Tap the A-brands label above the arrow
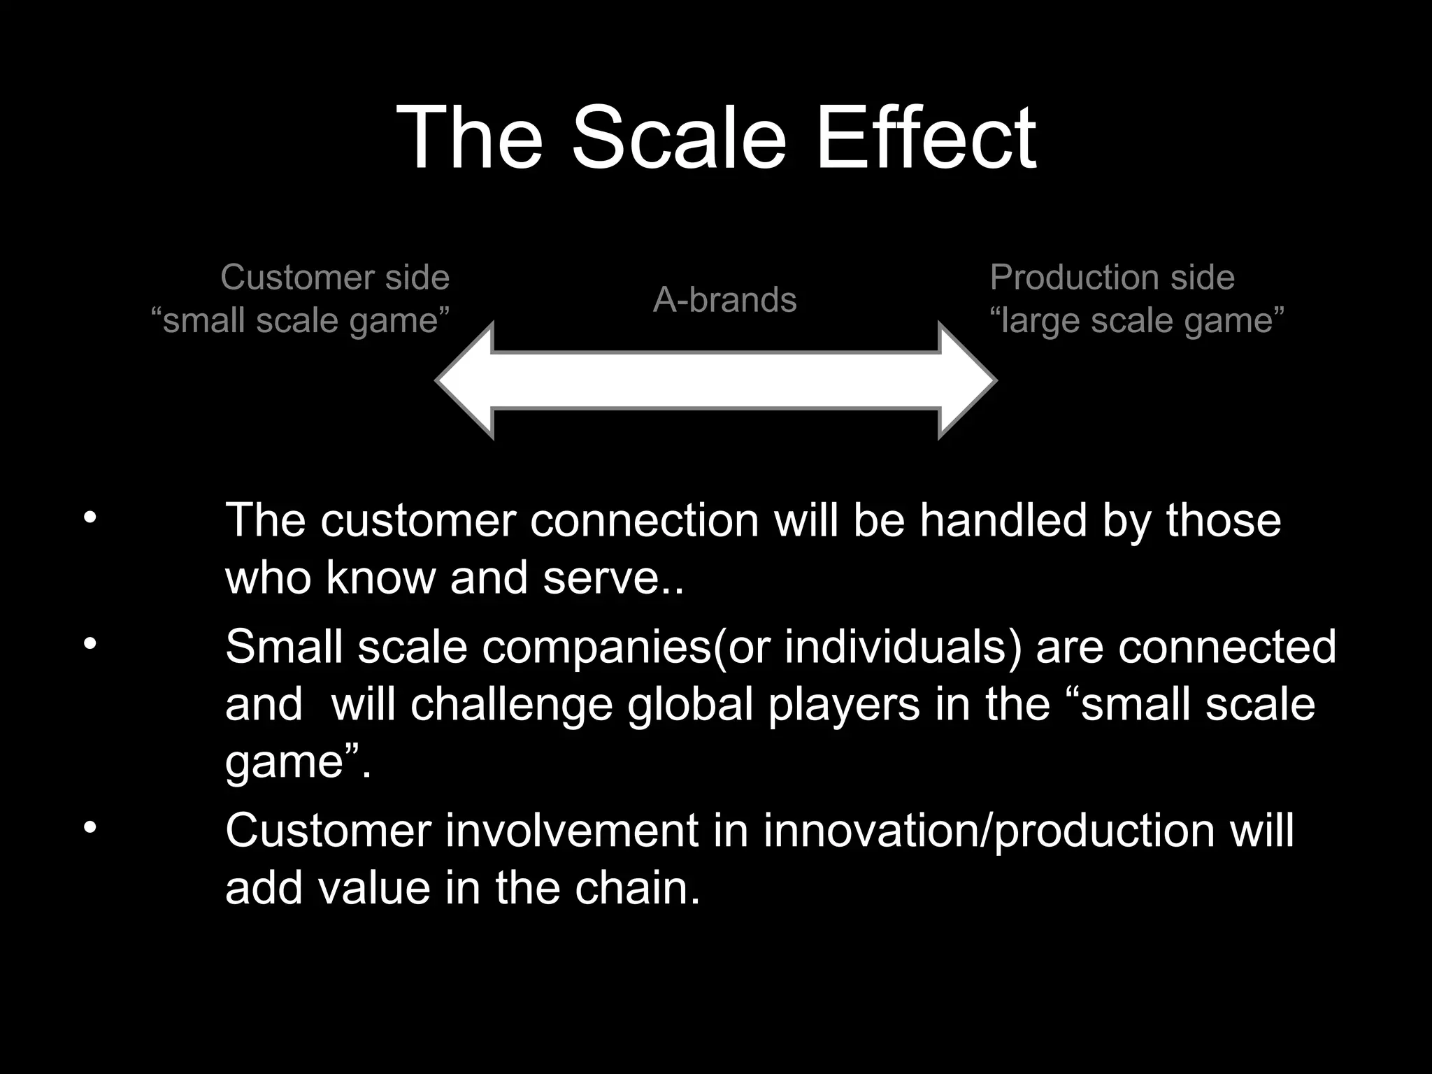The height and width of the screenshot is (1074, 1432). tap(724, 300)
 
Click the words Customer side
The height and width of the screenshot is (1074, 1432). tap(335, 278)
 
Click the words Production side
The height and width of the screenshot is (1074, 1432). tap(1112, 278)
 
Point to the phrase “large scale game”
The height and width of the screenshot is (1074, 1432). tap(1137, 321)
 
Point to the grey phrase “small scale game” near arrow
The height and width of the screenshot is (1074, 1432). tap(301, 321)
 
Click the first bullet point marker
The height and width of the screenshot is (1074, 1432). tap(89, 518)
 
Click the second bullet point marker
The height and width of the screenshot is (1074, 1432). tap(89, 644)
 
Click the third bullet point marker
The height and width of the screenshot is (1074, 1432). tap(89, 828)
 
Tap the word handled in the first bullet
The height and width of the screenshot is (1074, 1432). tap(1003, 521)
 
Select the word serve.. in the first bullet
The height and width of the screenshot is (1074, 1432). tap(613, 578)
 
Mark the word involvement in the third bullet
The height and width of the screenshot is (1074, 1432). tap(572, 831)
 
